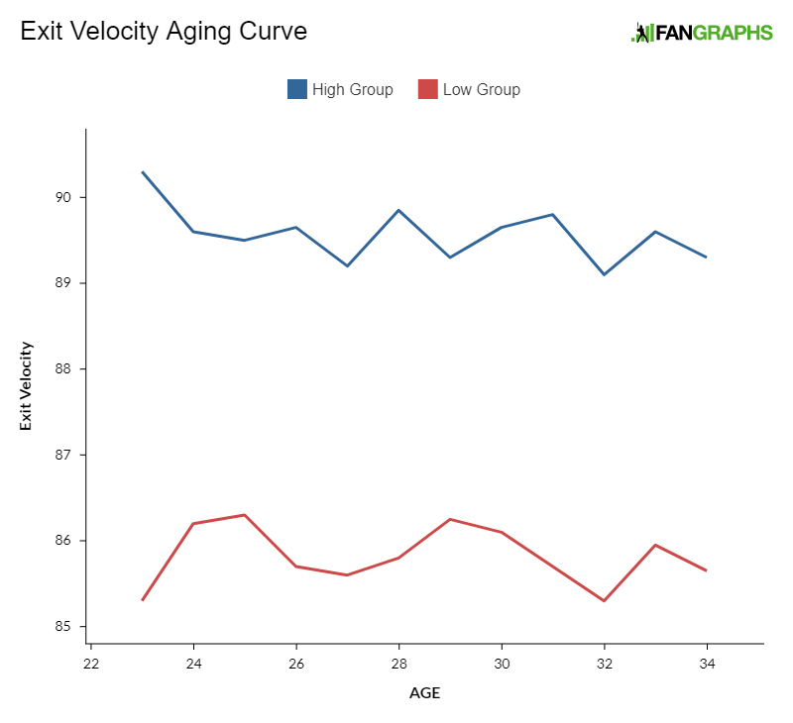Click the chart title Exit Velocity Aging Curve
coord(164,31)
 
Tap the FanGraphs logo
coord(702,33)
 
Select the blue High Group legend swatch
coord(297,89)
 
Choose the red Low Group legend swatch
coord(428,89)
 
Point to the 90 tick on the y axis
coord(69,197)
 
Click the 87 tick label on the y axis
coord(69,455)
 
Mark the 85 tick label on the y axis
coord(69,627)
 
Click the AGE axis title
coord(424,693)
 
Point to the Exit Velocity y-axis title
coord(27,386)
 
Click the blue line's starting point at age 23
coord(143,172)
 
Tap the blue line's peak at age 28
coord(398,210)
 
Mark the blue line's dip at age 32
coord(604,274)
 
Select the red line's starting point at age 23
coord(143,600)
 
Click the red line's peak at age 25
coord(245,515)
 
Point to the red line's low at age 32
coord(604,601)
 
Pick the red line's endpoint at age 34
coord(706,570)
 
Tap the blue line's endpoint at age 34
coord(706,258)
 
